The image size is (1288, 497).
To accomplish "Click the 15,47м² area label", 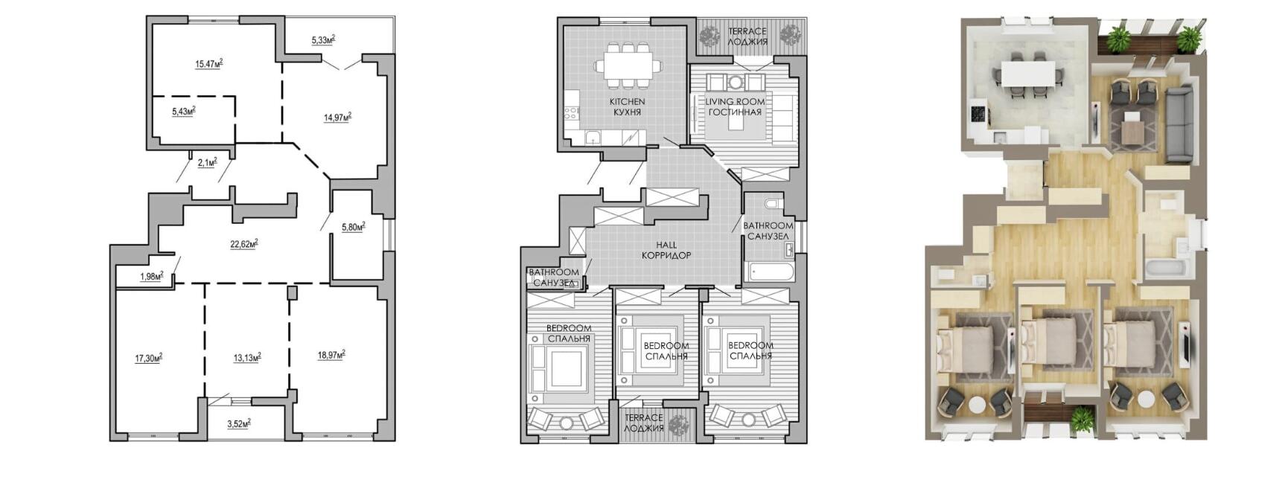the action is tap(209, 64).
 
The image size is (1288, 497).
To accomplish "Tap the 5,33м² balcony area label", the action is tap(323, 39).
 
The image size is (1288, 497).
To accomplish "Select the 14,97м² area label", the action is tap(337, 117).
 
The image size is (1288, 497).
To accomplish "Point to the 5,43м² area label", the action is tap(184, 112).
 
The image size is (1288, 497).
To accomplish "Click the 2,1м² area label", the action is tap(208, 162).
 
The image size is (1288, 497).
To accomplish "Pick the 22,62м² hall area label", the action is tap(244, 243).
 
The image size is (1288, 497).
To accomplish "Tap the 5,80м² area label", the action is tap(353, 227).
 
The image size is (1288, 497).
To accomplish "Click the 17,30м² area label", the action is tap(149, 358).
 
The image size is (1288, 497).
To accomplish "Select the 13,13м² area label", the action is tap(247, 358).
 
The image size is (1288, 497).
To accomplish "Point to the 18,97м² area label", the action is tap(331, 355).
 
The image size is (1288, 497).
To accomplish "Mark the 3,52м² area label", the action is tap(239, 424).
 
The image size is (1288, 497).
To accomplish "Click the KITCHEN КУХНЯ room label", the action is tap(628, 106).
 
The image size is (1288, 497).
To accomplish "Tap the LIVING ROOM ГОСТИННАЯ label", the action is tap(735, 106).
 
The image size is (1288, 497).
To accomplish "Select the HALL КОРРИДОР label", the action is tap(666, 250).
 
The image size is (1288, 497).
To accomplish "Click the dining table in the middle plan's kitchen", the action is tap(628, 65).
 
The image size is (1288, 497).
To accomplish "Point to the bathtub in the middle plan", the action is tap(768, 272).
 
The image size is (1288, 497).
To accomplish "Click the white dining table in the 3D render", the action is tap(1028, 74).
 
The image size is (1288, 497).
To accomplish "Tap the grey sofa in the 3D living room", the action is tap(1179, 124).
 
